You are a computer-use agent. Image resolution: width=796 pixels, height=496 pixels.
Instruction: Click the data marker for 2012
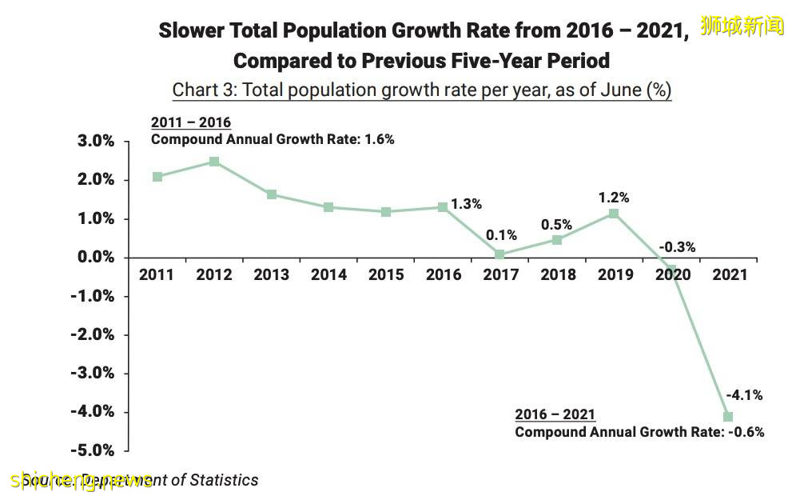(214, 162)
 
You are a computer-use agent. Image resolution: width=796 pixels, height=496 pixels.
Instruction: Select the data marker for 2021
(728, 416)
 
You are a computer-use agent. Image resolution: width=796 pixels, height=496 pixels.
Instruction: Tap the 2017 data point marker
(499, 254)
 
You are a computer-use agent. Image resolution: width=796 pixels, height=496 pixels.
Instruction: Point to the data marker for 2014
(328, 207)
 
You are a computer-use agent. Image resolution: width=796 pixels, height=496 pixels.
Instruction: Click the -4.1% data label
(744, 394)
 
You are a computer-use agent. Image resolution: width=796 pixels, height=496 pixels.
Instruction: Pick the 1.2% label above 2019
(614, 198)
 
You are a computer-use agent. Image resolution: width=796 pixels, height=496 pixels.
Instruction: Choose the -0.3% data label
(677, 247)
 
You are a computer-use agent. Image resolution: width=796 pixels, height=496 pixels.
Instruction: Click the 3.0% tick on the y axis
(96, 142)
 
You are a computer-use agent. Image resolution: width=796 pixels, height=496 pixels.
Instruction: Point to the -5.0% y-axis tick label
(94, 450)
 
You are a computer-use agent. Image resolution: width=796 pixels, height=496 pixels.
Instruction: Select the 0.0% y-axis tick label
(96, 258)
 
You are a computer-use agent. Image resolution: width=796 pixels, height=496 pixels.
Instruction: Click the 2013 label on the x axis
(272, 275)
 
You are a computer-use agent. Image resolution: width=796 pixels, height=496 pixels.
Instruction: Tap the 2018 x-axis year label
(557, 275)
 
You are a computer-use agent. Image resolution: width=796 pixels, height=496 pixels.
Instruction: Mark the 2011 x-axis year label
(157, 275)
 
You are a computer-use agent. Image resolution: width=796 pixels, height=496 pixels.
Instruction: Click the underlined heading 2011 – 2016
(191, 122)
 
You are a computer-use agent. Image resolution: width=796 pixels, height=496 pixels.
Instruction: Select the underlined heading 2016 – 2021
(555, 414)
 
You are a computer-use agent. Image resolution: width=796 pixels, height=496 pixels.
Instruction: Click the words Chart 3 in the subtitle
(203, 90)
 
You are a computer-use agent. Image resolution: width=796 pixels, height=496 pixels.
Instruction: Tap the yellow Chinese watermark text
(742, 26)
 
